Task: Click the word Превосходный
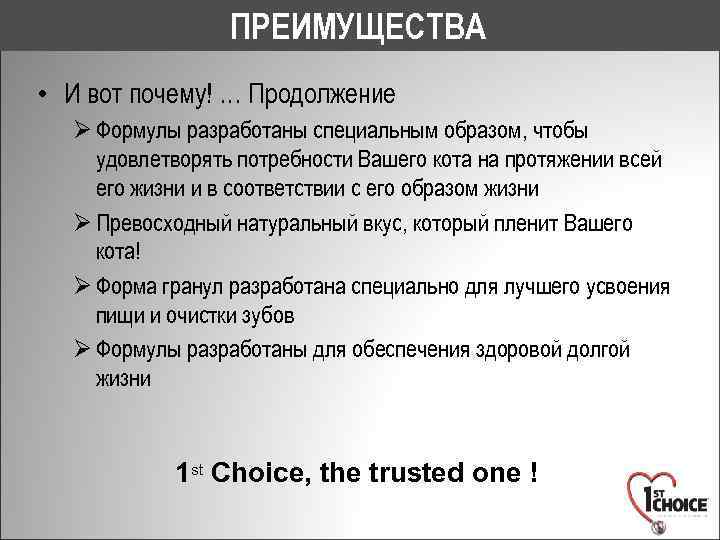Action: (165, 223)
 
